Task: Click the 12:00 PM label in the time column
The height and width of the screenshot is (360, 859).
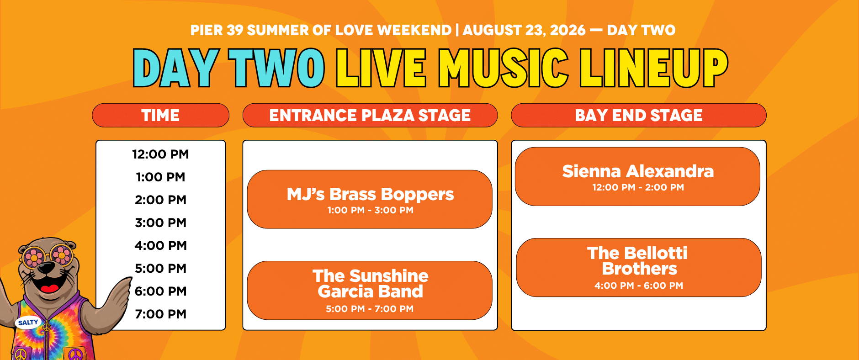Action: tap(160, 154)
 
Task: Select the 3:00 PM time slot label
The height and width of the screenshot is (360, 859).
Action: tap(160, 222)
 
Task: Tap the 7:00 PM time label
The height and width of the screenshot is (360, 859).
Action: tap(160, 314)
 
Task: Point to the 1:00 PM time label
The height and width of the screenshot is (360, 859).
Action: tap(160, 177)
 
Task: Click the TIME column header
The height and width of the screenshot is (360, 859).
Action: tap(160, 115)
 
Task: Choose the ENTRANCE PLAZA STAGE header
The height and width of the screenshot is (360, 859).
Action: tap(370, 115)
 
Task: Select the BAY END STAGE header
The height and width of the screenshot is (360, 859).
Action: tap(639, 115)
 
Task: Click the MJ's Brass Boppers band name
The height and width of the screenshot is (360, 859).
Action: tap(370, 194)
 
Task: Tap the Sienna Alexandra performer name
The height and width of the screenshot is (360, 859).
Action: tap(638, 171)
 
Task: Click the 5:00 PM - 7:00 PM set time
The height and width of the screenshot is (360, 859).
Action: tap(370, 309)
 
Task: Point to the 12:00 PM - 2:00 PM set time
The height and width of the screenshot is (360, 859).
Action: tap(638, 187)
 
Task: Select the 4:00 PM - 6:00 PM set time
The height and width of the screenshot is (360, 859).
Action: tap(639, 286)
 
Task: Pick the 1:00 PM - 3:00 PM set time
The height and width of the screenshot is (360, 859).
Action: tap(370, 210)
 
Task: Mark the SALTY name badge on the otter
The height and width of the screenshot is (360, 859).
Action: tap(28, 323)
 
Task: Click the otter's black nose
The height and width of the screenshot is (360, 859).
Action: tap(46, 267)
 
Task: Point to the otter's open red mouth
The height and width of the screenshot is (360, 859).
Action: tap(49, 286)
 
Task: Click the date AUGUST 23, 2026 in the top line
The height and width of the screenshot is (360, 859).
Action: tap(524, 30)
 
